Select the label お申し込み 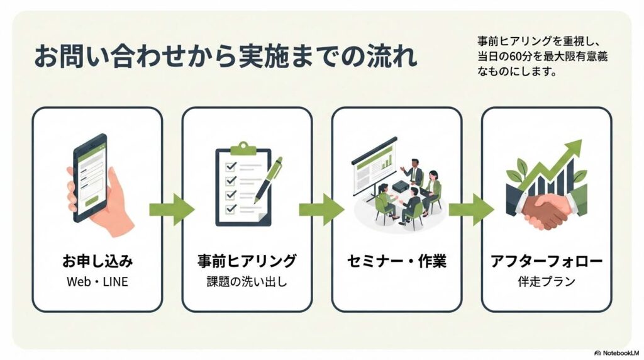click(x=97, y=261)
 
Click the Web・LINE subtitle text click(x=97, y=281)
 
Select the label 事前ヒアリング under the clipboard click(x=247, y=261)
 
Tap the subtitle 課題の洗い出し click(x=247, y=281)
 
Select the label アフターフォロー click(x=546, y=261)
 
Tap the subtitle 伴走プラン click(x=546, y=281)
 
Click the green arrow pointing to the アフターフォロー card click(x=471, y=208)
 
